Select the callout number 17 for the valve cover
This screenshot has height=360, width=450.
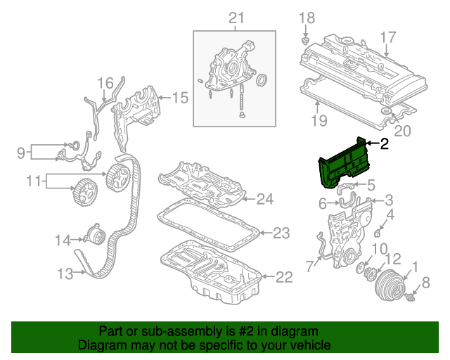pyautogui.click(x=388, y=36)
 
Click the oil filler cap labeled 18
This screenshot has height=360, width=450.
pyautogui.click(x=305, y=41)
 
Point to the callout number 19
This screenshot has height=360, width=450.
pyautogui.click(x=319, y=120)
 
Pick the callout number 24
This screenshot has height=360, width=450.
pyautogui.click(x=264, y=200)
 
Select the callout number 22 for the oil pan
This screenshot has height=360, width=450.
pyautogui.click(x=283, y=277)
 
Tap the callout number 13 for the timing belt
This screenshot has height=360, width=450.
pyautogui.click(x=65, y=274)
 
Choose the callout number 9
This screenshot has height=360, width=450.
pyautogui.click(x=20, y=152)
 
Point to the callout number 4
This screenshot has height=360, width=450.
pyautogui.click(x=391, y=214)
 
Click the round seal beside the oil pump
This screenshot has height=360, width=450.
pyautogui.click(x=263, y=79)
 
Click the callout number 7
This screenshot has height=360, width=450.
pyautogui.click(x=310, y=266)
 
